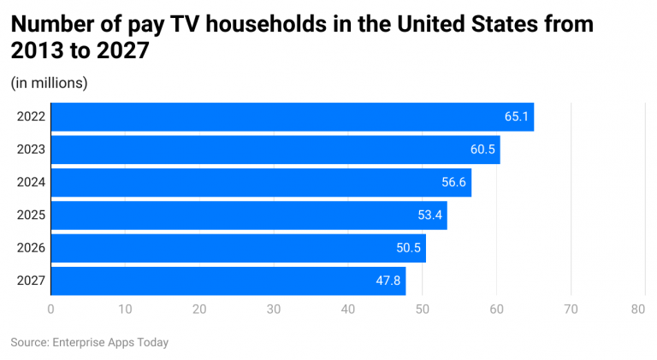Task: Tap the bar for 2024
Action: click(x=261, y=182)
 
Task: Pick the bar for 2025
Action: click(x=249, y=215)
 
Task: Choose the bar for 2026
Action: click(x=239, y=248)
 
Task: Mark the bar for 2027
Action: click(x=228, y=280)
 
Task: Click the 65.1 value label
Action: click(x=517, y=117)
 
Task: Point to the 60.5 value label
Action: click(x=482, y=150)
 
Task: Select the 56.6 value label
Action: click(x=454, y=182)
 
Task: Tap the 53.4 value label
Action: click(x=430, y=215)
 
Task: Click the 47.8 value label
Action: click(x=388, y=280)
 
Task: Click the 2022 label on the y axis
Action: click(x=31, y=117)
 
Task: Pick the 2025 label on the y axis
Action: click(x=31, y=215)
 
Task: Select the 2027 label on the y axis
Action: click(x=31, y=280)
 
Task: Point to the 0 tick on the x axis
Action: click(x=51, y=308)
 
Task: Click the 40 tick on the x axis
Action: click(x=348, y=308)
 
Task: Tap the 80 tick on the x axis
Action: click(x=637, y=308)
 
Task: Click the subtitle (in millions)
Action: click(x=49, y=83)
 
